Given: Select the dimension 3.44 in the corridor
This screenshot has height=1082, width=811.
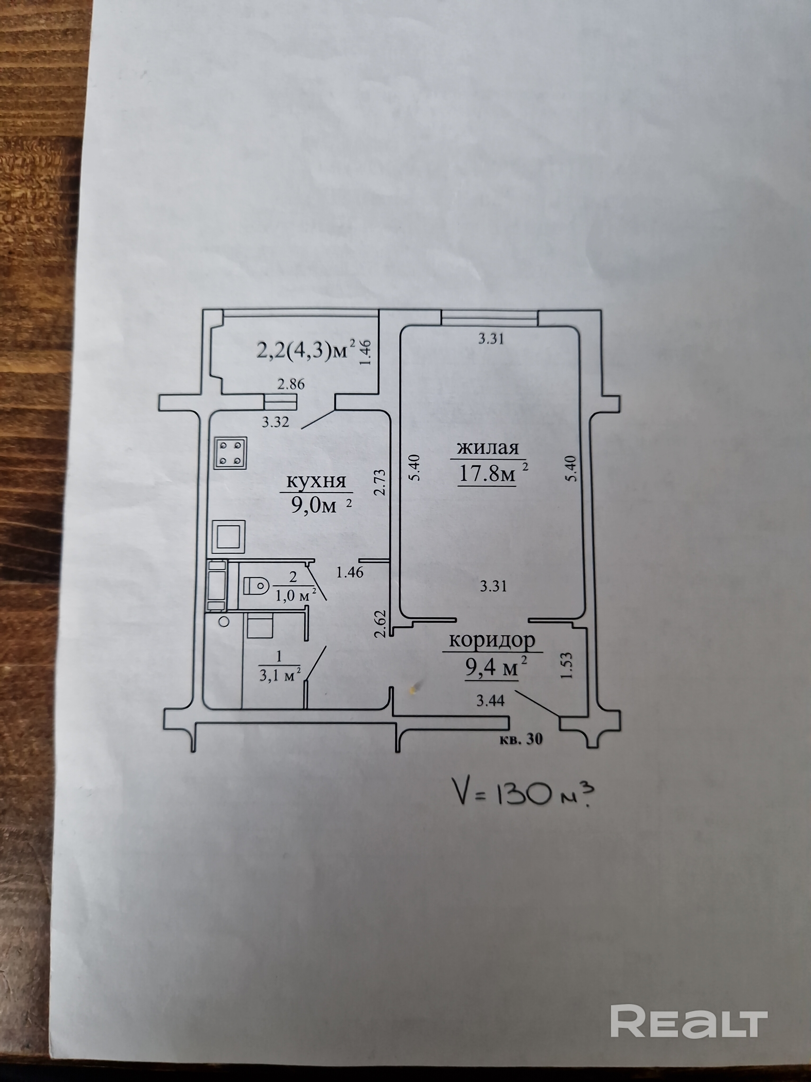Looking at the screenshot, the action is [490, 701].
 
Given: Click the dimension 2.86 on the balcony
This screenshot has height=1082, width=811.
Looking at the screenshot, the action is [290, 385].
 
